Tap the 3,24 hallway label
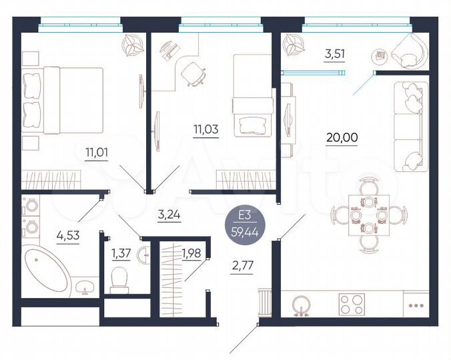click(169, 215)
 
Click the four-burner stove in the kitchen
click(352, 305)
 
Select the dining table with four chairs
click(368, 215)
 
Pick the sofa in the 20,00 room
click(409, 127)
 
